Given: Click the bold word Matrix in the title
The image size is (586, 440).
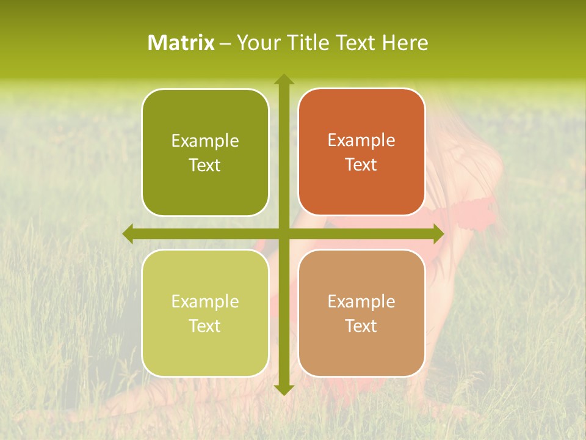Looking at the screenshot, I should click(181, 43).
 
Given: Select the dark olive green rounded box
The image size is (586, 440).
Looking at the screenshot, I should click(205, 153).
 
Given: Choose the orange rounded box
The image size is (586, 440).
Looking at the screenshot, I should click(361, 152).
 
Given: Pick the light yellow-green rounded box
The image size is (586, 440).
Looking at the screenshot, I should click(205, 313).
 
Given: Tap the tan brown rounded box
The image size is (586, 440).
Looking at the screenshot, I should click(361, 313).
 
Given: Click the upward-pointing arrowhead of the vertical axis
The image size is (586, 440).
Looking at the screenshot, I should click(283, 79).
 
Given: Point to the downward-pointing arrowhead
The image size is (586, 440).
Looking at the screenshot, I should click(283, 390).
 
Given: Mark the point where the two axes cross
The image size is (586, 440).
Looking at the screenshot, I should click(283, 233).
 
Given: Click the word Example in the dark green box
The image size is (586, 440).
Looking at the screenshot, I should click(205, 141).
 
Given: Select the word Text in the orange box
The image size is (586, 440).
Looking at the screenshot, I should click(361, 165).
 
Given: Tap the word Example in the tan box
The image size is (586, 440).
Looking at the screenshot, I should click(361, 301).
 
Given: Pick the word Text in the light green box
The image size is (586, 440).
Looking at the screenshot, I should click(205, 326).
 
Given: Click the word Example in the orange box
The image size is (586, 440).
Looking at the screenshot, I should click(361, 141).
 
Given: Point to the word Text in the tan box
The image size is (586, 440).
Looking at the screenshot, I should click(361, 326).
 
